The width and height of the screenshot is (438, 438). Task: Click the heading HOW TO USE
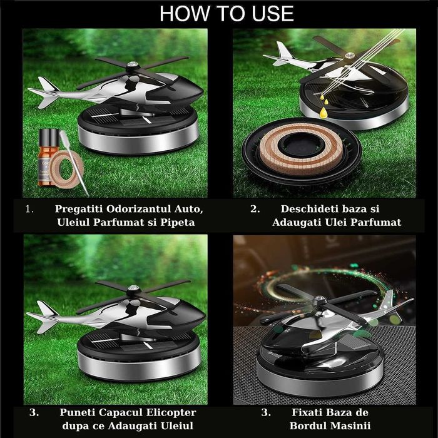coord(227,13)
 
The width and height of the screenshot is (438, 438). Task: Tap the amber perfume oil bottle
coord(48,157)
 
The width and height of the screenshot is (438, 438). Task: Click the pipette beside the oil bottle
coord(73,163)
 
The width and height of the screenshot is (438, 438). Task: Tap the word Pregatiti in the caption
coord(79,209)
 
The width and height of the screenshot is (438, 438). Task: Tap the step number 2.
coord(255,209)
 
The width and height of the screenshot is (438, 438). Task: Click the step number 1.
coord(29,209)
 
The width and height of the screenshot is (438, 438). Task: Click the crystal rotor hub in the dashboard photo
coord(319,301)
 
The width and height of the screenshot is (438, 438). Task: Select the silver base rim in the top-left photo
coord(139,139)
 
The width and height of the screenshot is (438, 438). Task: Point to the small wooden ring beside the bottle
coord(67,170)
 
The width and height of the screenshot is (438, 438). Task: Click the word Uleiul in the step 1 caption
coord(73,222)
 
